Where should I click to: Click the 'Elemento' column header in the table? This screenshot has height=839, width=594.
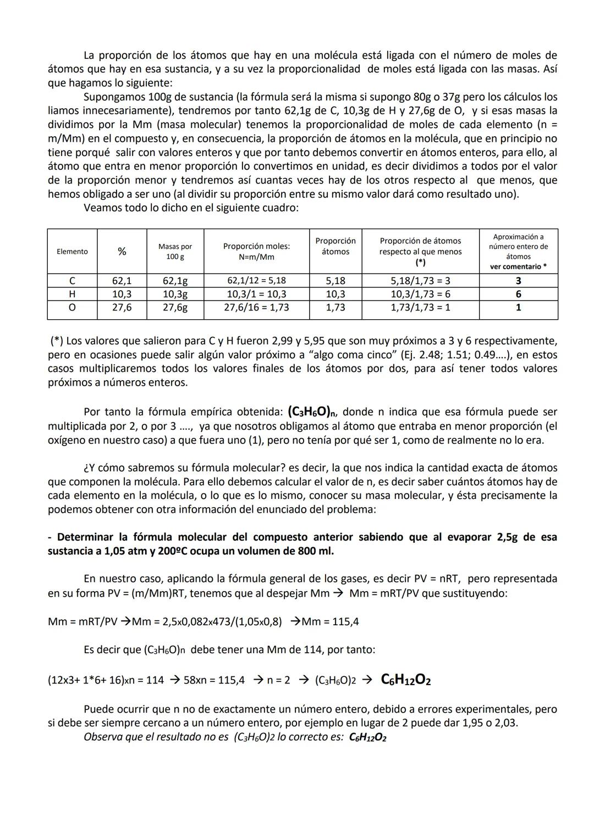(x=72, y=252)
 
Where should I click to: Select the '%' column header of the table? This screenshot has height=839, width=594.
(x=122, y=252)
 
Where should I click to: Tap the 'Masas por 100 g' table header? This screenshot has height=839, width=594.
(x=175, y=252)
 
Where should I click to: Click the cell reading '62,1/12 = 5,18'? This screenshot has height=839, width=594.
(x=256, y=280)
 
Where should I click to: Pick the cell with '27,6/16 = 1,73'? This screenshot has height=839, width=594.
(x=256, y=307)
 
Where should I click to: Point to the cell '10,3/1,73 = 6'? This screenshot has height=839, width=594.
(x=420, y=294)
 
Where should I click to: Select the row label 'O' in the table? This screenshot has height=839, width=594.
(x=72, y=307)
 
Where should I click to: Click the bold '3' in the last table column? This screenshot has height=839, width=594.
(x=518, y=280)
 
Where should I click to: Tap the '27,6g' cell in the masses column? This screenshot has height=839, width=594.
(x=175, y=307)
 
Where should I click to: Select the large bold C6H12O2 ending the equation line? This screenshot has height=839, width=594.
(x=405, y=680)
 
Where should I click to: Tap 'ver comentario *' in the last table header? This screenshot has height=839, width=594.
(x=518, y=266)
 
